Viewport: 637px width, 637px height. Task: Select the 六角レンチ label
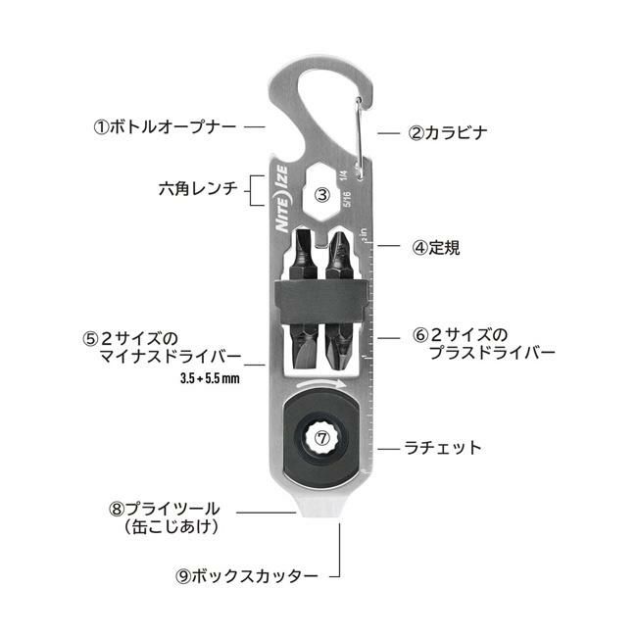198,189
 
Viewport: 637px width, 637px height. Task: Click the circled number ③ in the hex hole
322,195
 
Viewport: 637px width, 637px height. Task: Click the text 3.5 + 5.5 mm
210,378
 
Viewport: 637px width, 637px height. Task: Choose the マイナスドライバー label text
171,357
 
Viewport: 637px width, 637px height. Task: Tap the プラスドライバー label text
492,353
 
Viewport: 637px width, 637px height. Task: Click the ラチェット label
442,448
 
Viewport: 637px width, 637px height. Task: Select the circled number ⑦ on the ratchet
322,438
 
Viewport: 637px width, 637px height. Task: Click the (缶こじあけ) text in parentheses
171,527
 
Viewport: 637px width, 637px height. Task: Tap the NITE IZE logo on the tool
282,199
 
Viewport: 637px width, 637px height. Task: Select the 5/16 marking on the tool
347,199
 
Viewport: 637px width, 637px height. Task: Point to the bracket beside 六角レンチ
256,190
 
